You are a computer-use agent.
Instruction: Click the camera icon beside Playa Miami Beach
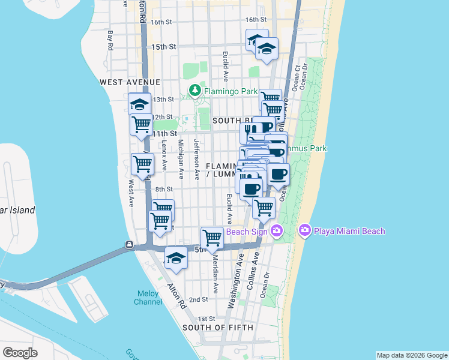point(304,230)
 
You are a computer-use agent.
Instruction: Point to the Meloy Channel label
point(147,298)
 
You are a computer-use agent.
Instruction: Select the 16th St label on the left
point(161,22)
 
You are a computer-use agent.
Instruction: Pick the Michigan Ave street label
point(180,159)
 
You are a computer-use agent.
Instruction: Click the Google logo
point(20,353)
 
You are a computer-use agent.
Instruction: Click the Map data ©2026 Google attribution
point(412,355)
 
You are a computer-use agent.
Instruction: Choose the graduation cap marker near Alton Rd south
point(175,258)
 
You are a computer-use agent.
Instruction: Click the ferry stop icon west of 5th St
point(129,244)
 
